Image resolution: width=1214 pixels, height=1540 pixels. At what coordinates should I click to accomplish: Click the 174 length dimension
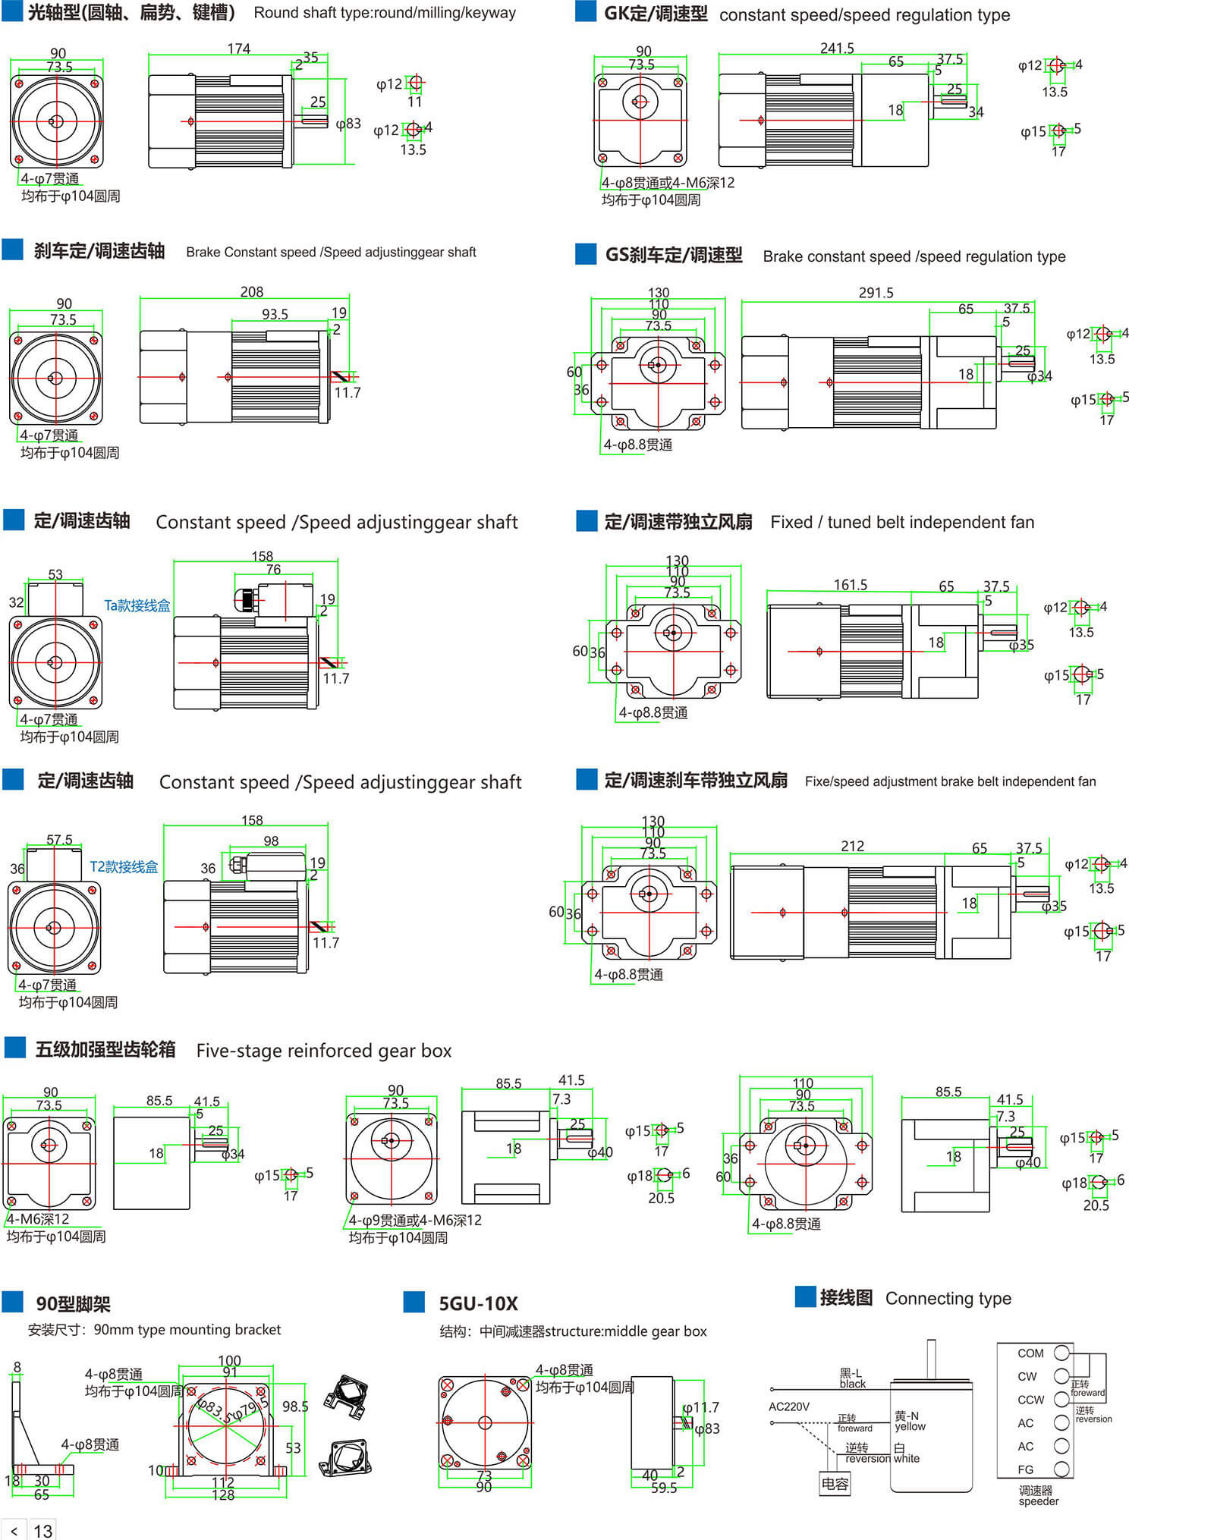tap(238, 49)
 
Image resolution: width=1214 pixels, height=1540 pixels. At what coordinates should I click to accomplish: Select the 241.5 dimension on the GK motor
tap(837, 48)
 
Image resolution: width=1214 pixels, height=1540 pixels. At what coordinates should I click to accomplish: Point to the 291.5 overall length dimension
tap(876, 293)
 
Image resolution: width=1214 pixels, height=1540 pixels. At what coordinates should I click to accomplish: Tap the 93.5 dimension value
tap(275, 314)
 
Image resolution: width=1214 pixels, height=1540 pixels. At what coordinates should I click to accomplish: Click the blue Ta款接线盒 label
tap(137, 605)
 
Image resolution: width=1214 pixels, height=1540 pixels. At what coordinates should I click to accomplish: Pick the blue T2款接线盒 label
tap(124, 866)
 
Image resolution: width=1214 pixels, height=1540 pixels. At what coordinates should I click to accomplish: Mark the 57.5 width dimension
tap(59, 840)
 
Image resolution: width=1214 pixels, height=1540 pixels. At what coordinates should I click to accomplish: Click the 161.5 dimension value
tap(850, 585)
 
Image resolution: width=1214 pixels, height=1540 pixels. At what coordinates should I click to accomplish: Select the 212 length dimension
tap(852, 846)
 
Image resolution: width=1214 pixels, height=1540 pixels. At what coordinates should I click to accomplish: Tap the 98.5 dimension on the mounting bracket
tap(295, 1406)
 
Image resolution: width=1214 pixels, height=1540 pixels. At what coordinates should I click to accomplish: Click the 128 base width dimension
tap(223, 1494)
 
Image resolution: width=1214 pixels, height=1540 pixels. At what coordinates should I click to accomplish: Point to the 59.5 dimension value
tap(664, 1488)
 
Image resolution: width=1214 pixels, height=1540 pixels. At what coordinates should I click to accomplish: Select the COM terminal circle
tap(1061, 1353)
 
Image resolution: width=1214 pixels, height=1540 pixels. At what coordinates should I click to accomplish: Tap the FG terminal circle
tap(1061, 1469)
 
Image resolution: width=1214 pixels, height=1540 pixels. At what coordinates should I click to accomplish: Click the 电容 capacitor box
tap(835, 1483)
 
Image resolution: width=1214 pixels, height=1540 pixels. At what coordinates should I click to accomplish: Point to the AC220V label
tap(789, 1406)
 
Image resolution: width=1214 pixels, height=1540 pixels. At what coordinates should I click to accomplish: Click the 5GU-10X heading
tap(478, 1303)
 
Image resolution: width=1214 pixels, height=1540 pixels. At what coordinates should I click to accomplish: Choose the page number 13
tap(43, 1531)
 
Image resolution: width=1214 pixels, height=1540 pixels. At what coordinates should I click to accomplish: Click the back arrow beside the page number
tap(14, 1531)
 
